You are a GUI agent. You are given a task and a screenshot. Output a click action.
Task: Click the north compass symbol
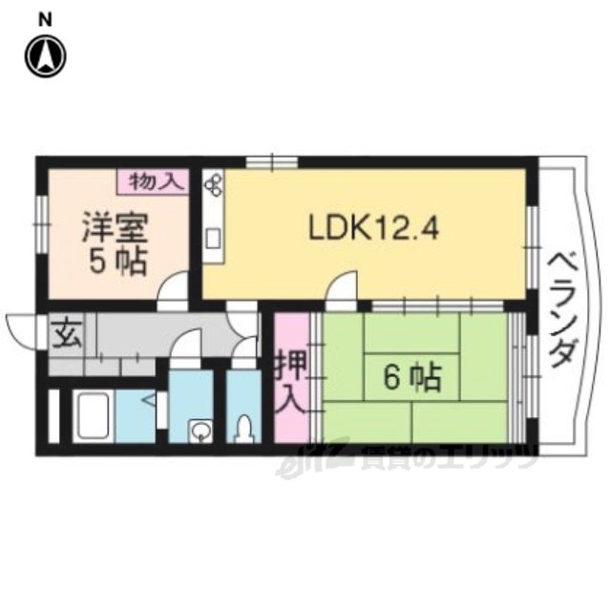pos(46,56)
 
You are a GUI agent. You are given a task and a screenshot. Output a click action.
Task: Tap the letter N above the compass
pos(46,20)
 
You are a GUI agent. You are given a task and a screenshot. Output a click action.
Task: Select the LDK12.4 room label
pos(373,228)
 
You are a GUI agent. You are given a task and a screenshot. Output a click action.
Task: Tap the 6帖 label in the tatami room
pos(412,377)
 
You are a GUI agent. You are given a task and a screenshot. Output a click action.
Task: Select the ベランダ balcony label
pos(561,309)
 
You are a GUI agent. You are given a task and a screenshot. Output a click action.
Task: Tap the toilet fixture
pos(244,429)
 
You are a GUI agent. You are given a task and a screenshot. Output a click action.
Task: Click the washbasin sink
pos(200,432)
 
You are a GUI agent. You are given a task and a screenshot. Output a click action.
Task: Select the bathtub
pos(94,416)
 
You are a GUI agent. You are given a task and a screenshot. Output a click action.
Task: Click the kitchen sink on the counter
pos(213,239)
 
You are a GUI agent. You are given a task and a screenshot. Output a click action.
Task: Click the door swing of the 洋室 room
pos(174,288)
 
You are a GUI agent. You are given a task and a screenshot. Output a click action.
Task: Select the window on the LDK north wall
pos(272,161)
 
